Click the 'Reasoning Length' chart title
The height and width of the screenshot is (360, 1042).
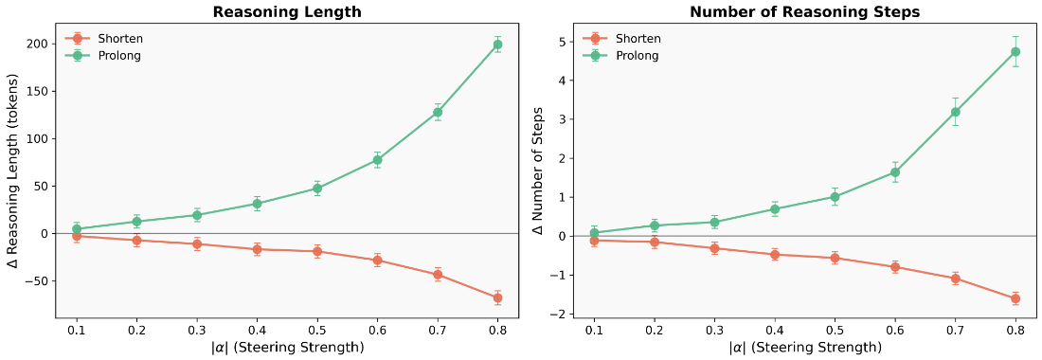[x=287, y=12]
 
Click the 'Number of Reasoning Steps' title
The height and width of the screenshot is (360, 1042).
[x=804, y=12]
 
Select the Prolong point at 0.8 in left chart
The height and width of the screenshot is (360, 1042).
[x=497, y=45]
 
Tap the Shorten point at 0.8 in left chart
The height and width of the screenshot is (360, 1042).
[x=497, y=297]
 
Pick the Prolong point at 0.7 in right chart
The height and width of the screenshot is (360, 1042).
[x=955, y=112]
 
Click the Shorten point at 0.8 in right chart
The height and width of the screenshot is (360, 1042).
[x=1015, y=298]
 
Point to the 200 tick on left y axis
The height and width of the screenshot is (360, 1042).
[x=36, y=44]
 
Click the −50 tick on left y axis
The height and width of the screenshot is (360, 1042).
[x=33, y=280]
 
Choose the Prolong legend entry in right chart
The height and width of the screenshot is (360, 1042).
[x=637, y=56]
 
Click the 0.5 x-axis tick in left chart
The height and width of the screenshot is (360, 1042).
[x=317, y=331]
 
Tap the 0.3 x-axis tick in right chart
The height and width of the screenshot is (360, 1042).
[x=714, y=331]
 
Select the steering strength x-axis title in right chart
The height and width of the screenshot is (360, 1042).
[x=804, y=348]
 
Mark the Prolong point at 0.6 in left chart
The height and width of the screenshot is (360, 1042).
[x=377, y=160]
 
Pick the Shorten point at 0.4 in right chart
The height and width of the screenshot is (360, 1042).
[x=774, y=254]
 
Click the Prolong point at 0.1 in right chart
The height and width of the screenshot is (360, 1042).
[x=594, y=232]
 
